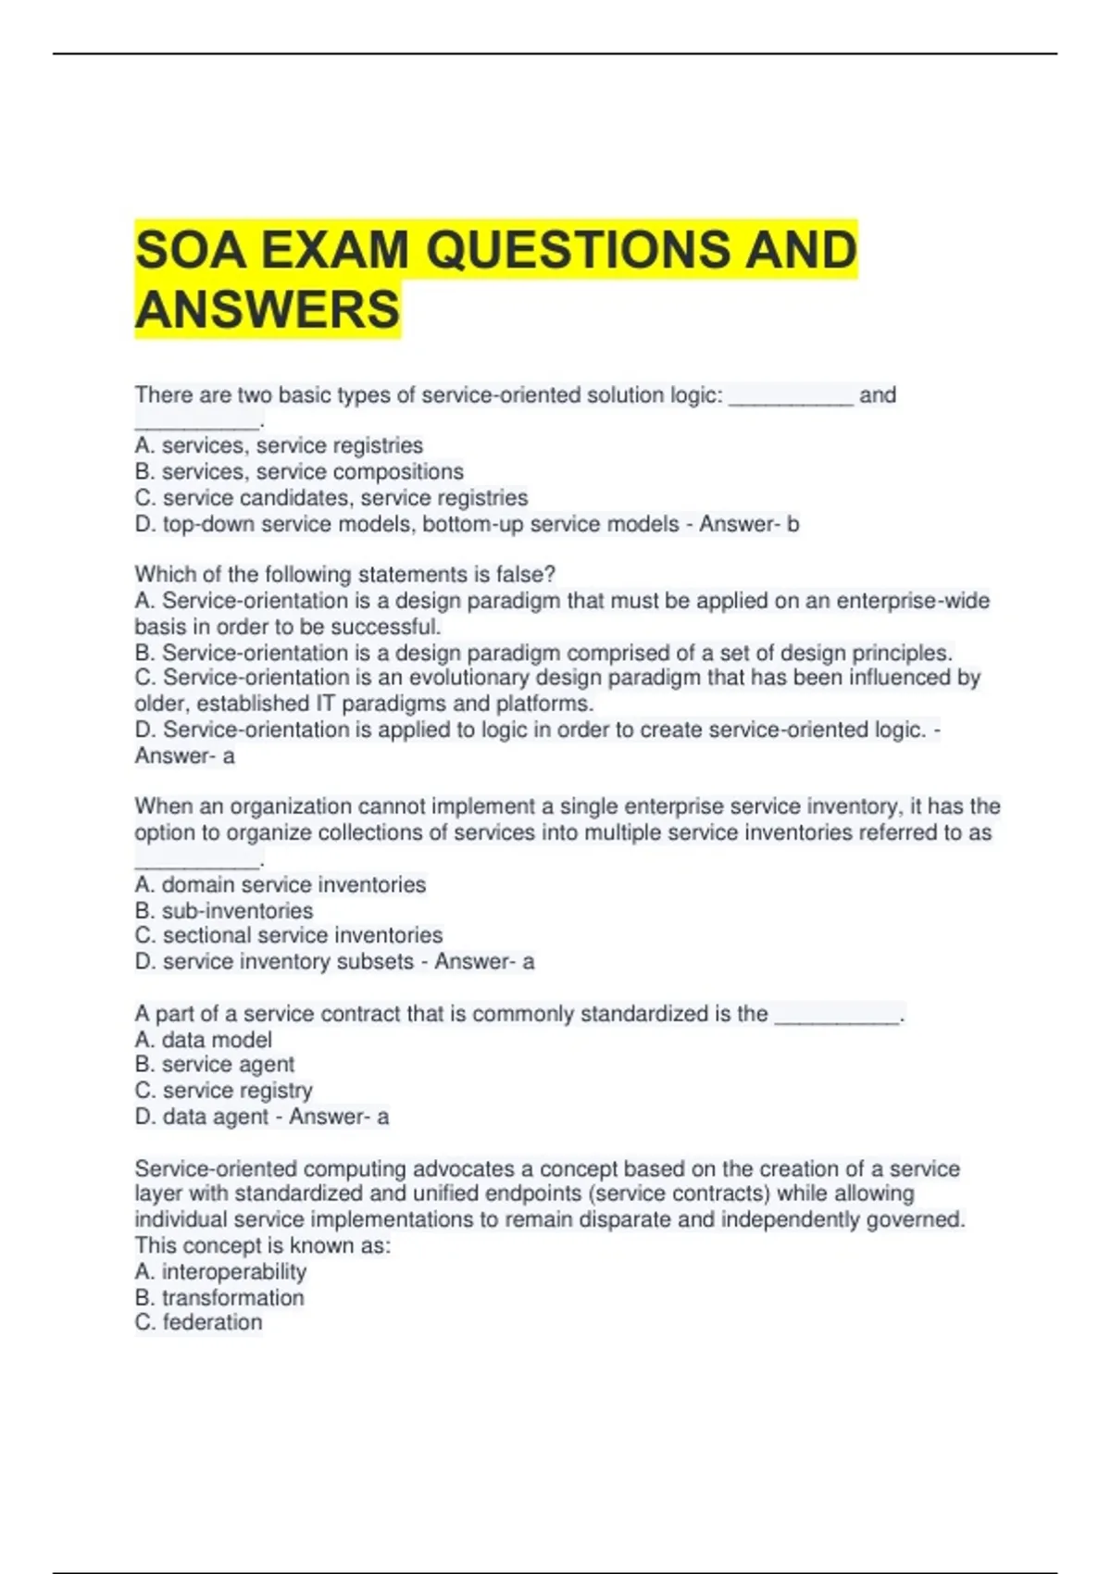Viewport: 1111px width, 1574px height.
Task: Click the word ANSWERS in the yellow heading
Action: coord(268,308)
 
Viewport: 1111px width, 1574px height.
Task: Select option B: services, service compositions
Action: coord(299,471)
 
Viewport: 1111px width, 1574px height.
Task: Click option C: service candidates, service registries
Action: coord(331,497)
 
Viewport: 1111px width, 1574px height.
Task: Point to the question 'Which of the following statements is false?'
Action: coord(344,574)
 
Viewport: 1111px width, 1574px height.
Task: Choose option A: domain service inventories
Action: coord(281,884)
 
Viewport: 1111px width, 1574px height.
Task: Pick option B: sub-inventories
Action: coord(224,910)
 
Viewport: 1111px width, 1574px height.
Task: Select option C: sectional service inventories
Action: coord(289,935)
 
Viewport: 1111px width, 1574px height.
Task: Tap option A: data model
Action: coord(204,1040)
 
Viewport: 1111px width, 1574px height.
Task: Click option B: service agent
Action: coord(215,1065)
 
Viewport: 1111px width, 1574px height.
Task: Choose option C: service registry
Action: coord(224,1091)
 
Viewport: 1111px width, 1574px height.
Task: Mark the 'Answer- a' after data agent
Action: coord(339,1117)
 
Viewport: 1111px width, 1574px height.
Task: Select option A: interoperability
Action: coord(220,1271)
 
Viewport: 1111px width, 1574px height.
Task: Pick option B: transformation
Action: coord(219,1297)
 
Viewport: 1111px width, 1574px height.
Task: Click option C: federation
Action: coord(199,1322)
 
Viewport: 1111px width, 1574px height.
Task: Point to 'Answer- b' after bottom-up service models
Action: coord(749,524)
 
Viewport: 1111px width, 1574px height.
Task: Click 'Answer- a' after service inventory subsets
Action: coord(484,961)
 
